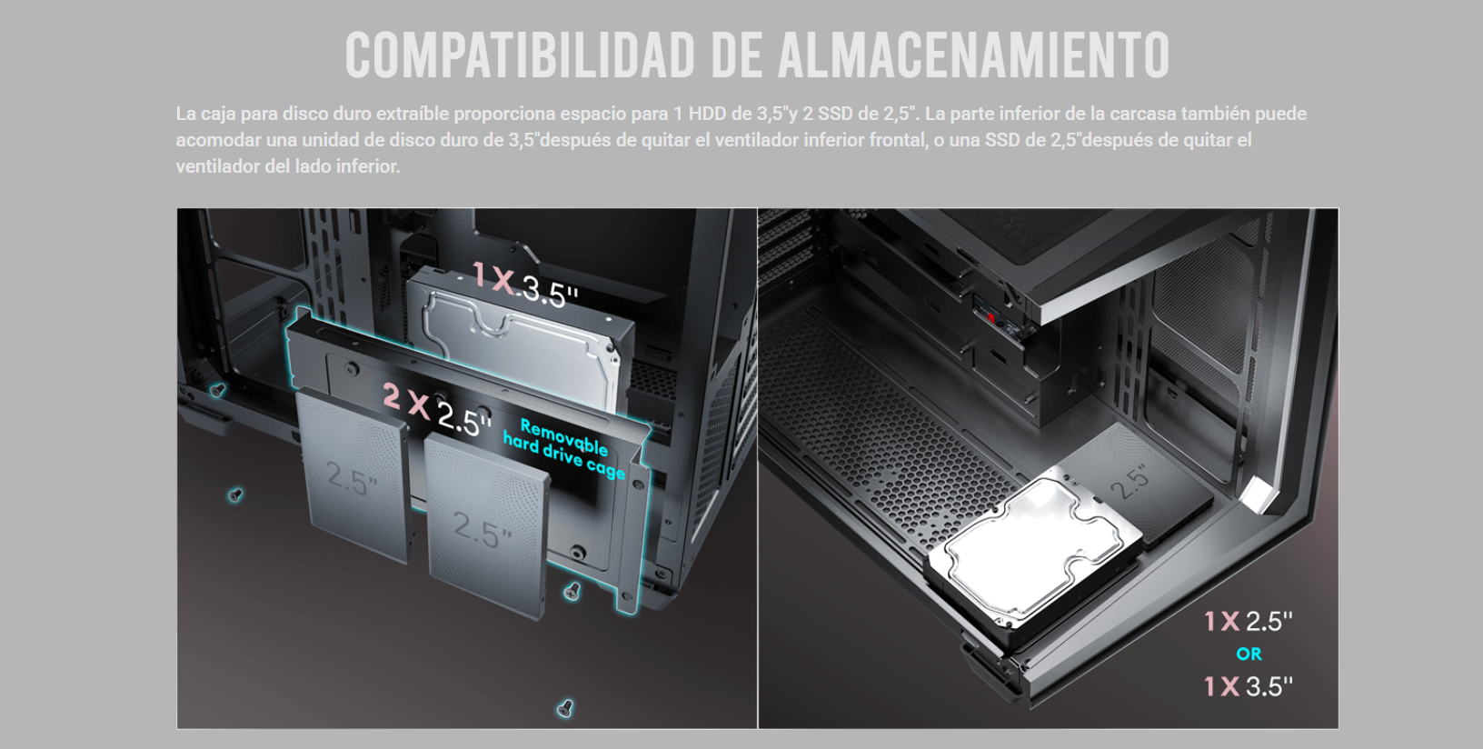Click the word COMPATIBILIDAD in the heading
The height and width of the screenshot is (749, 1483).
pyautogui.click(x=521, y=55)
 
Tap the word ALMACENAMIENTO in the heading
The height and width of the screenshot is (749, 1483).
pyautogui.click(x=974, y=55)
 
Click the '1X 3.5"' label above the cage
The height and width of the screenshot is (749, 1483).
pyautogui.click(x=525, y=285)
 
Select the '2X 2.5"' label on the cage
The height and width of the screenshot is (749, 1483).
pyautogui.click(x=437, y=411)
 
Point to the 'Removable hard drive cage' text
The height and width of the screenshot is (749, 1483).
pyautogui.click(x=564, y=448)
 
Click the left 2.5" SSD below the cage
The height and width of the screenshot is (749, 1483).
pyautogui.click(x=353, y=477)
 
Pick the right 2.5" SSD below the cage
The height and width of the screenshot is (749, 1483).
pyautogui.click(x=487, y=526)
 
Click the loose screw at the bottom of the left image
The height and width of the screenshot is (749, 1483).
pyautogui.click(x=564, y=708)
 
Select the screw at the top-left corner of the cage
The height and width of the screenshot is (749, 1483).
pyautogui.click(x=216, y=390)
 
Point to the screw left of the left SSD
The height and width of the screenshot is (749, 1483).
pyautogui.click(x=235, y=494)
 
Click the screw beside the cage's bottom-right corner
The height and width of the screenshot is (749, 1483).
pyautogui.click(x=572, y=591)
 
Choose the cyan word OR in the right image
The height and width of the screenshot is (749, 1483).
pyautogui.click(x=1249, y=654)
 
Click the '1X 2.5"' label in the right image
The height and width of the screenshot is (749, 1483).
pyautogui.click(x=1248, y=621)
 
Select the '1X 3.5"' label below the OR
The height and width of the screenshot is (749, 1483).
pyautogui.click(x=1248, y=687)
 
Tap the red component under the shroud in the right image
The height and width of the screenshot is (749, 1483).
pyautogui.click(x=991, y=318)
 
